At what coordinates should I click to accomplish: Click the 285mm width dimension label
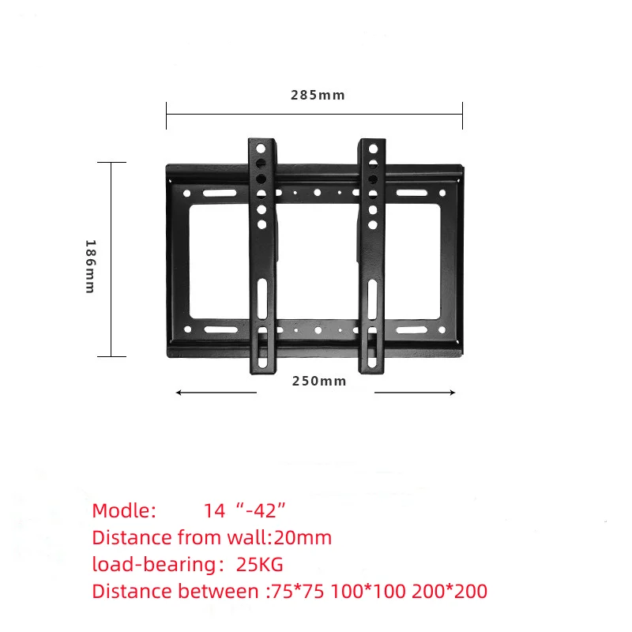click(x=318, y=95)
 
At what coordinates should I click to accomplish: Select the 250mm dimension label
click(x=319, y=381)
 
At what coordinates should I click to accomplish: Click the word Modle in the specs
click(x=124, y=510)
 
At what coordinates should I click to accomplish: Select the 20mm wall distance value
click(x=303, y=538)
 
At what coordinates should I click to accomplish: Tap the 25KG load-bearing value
click(x=260, y=565)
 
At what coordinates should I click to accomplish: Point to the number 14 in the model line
click(x=214, y=510)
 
